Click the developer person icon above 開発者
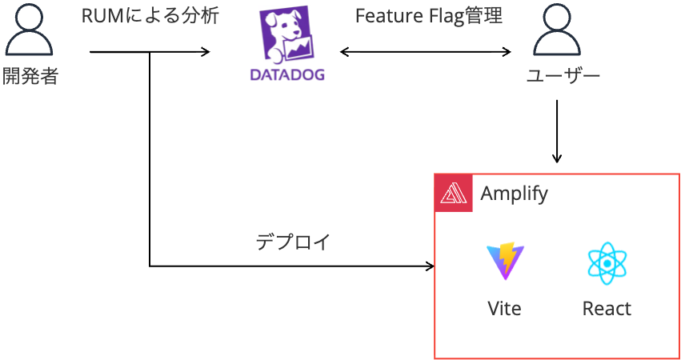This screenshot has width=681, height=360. [30, 30]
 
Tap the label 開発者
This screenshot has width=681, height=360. [30, 77]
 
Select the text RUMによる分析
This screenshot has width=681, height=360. [150, 17]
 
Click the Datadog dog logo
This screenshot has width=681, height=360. [287, 37]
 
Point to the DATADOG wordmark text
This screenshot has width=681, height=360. [287, 75]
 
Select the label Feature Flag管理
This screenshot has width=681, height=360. [428, 17]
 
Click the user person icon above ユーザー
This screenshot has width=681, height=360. [557, 30]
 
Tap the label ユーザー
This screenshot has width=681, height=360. [563, 77]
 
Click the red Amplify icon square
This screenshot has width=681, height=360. [454, 194]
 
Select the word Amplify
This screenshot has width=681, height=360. [514, 194]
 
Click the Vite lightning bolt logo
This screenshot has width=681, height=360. [506, 262]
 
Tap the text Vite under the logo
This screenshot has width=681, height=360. [504, 309]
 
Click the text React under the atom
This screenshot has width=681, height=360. [607, 309]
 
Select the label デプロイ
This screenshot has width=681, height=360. [293, 242]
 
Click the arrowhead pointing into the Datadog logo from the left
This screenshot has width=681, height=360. [206, 53]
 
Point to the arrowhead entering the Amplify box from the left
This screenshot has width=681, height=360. [429, 266]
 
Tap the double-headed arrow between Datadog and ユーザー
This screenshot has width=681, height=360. [425, 53]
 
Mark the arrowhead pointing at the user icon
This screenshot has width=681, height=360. [507, 53]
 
